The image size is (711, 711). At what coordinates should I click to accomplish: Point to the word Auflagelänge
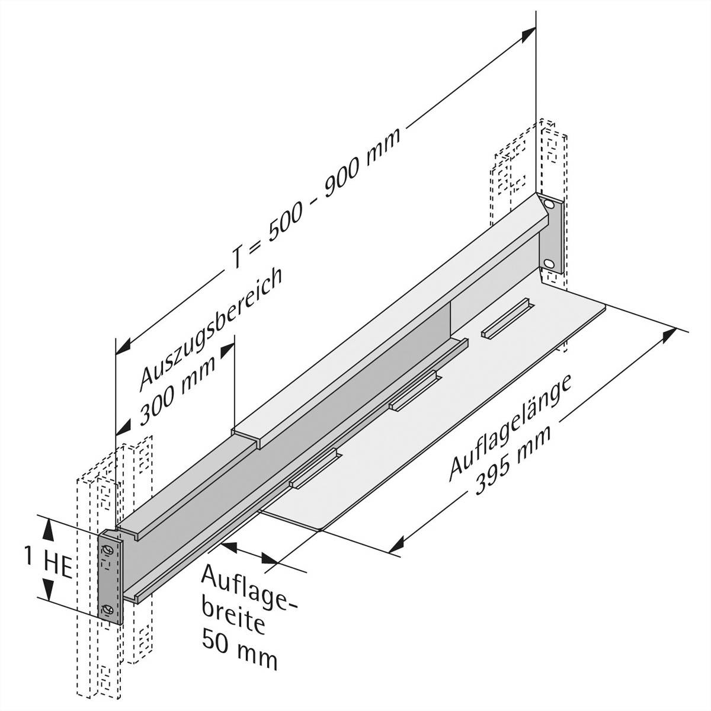[510, 426]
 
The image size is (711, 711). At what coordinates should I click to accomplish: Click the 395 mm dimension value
[513, 459]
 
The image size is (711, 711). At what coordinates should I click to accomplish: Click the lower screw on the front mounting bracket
[108, 609]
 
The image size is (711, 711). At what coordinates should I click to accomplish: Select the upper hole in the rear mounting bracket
[550, 205]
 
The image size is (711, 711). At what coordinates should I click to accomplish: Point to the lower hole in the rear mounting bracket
[550, 262]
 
